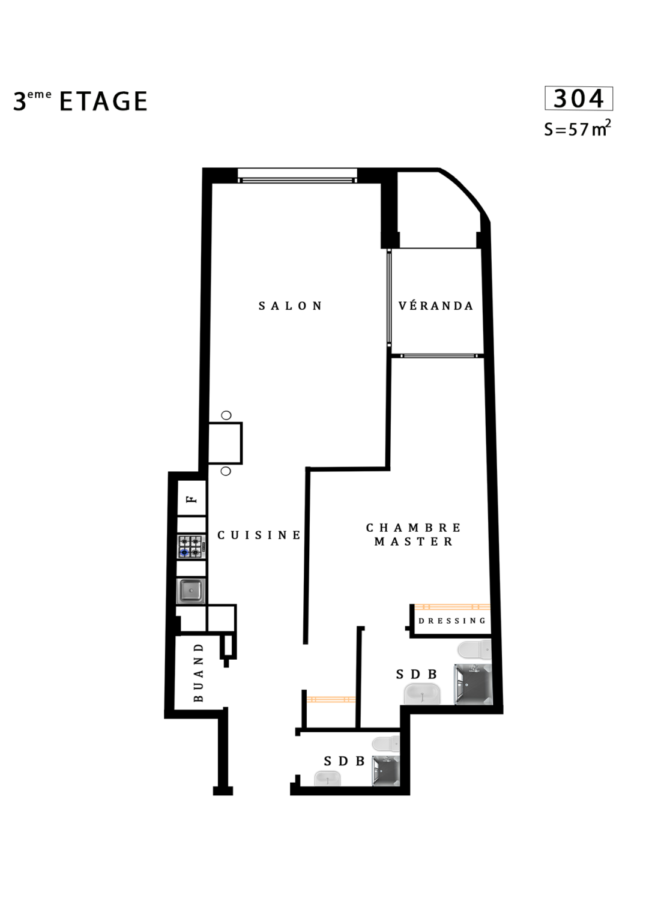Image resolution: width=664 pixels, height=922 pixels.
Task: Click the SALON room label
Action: [290, 306]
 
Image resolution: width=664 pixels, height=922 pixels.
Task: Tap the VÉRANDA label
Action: [436, 306]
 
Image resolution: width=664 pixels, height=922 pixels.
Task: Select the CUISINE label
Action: [259, 535]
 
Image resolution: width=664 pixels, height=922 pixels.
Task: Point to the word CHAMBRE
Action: [414, 528]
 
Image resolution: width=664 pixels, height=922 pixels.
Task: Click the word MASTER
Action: [414, 541]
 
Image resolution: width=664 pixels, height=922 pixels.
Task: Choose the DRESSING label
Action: [453, 621]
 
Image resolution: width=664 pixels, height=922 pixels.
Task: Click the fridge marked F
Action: [192, 498]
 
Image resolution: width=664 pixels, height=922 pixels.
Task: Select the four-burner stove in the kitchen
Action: [192, 547]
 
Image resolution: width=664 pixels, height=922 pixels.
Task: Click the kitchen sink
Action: [191, 591]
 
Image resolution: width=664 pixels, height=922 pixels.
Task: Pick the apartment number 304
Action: [578, 99]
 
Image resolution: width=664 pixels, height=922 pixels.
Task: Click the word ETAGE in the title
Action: [103, 101]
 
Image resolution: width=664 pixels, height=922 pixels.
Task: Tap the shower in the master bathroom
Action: [474, 684]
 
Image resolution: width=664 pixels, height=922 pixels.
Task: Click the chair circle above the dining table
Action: [226, 415]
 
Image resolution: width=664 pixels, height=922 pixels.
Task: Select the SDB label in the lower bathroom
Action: [344, 762]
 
